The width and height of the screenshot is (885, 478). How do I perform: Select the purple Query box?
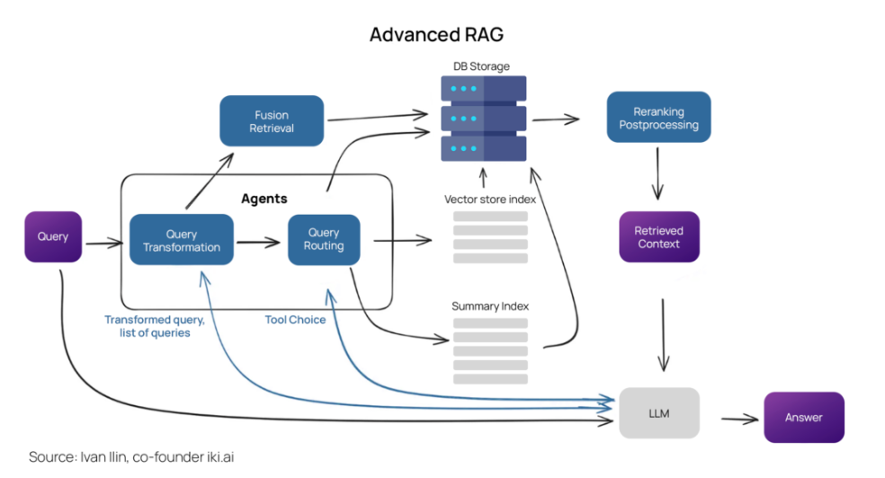click(x=53, y=237)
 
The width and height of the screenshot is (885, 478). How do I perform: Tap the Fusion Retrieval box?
click(x=272, y=120)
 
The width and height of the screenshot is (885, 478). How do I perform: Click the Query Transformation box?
click(x=182, y=240)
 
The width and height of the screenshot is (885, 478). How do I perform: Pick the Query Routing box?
click(x=324, y=240)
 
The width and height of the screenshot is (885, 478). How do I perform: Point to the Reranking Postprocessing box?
click(x=658, y=118)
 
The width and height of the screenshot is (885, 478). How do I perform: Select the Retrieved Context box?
click(x=658, y=237)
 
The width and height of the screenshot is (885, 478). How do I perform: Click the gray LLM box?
click(x=659, y=413)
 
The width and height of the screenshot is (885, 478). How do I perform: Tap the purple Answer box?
click(x=804, y=417)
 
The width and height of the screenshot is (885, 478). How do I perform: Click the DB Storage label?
click(x=484, y=66)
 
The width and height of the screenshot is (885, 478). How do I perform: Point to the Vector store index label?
click(x=490, y=199)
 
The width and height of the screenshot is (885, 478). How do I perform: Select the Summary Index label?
click(x=490, y=306)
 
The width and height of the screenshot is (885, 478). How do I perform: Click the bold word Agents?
click(x=264, y=198)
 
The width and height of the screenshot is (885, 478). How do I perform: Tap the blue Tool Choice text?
click(x=295, y=320)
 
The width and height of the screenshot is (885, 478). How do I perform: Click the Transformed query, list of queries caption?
click(x=154, y=326)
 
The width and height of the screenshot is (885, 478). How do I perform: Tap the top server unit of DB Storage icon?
click(x=484, y=89)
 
